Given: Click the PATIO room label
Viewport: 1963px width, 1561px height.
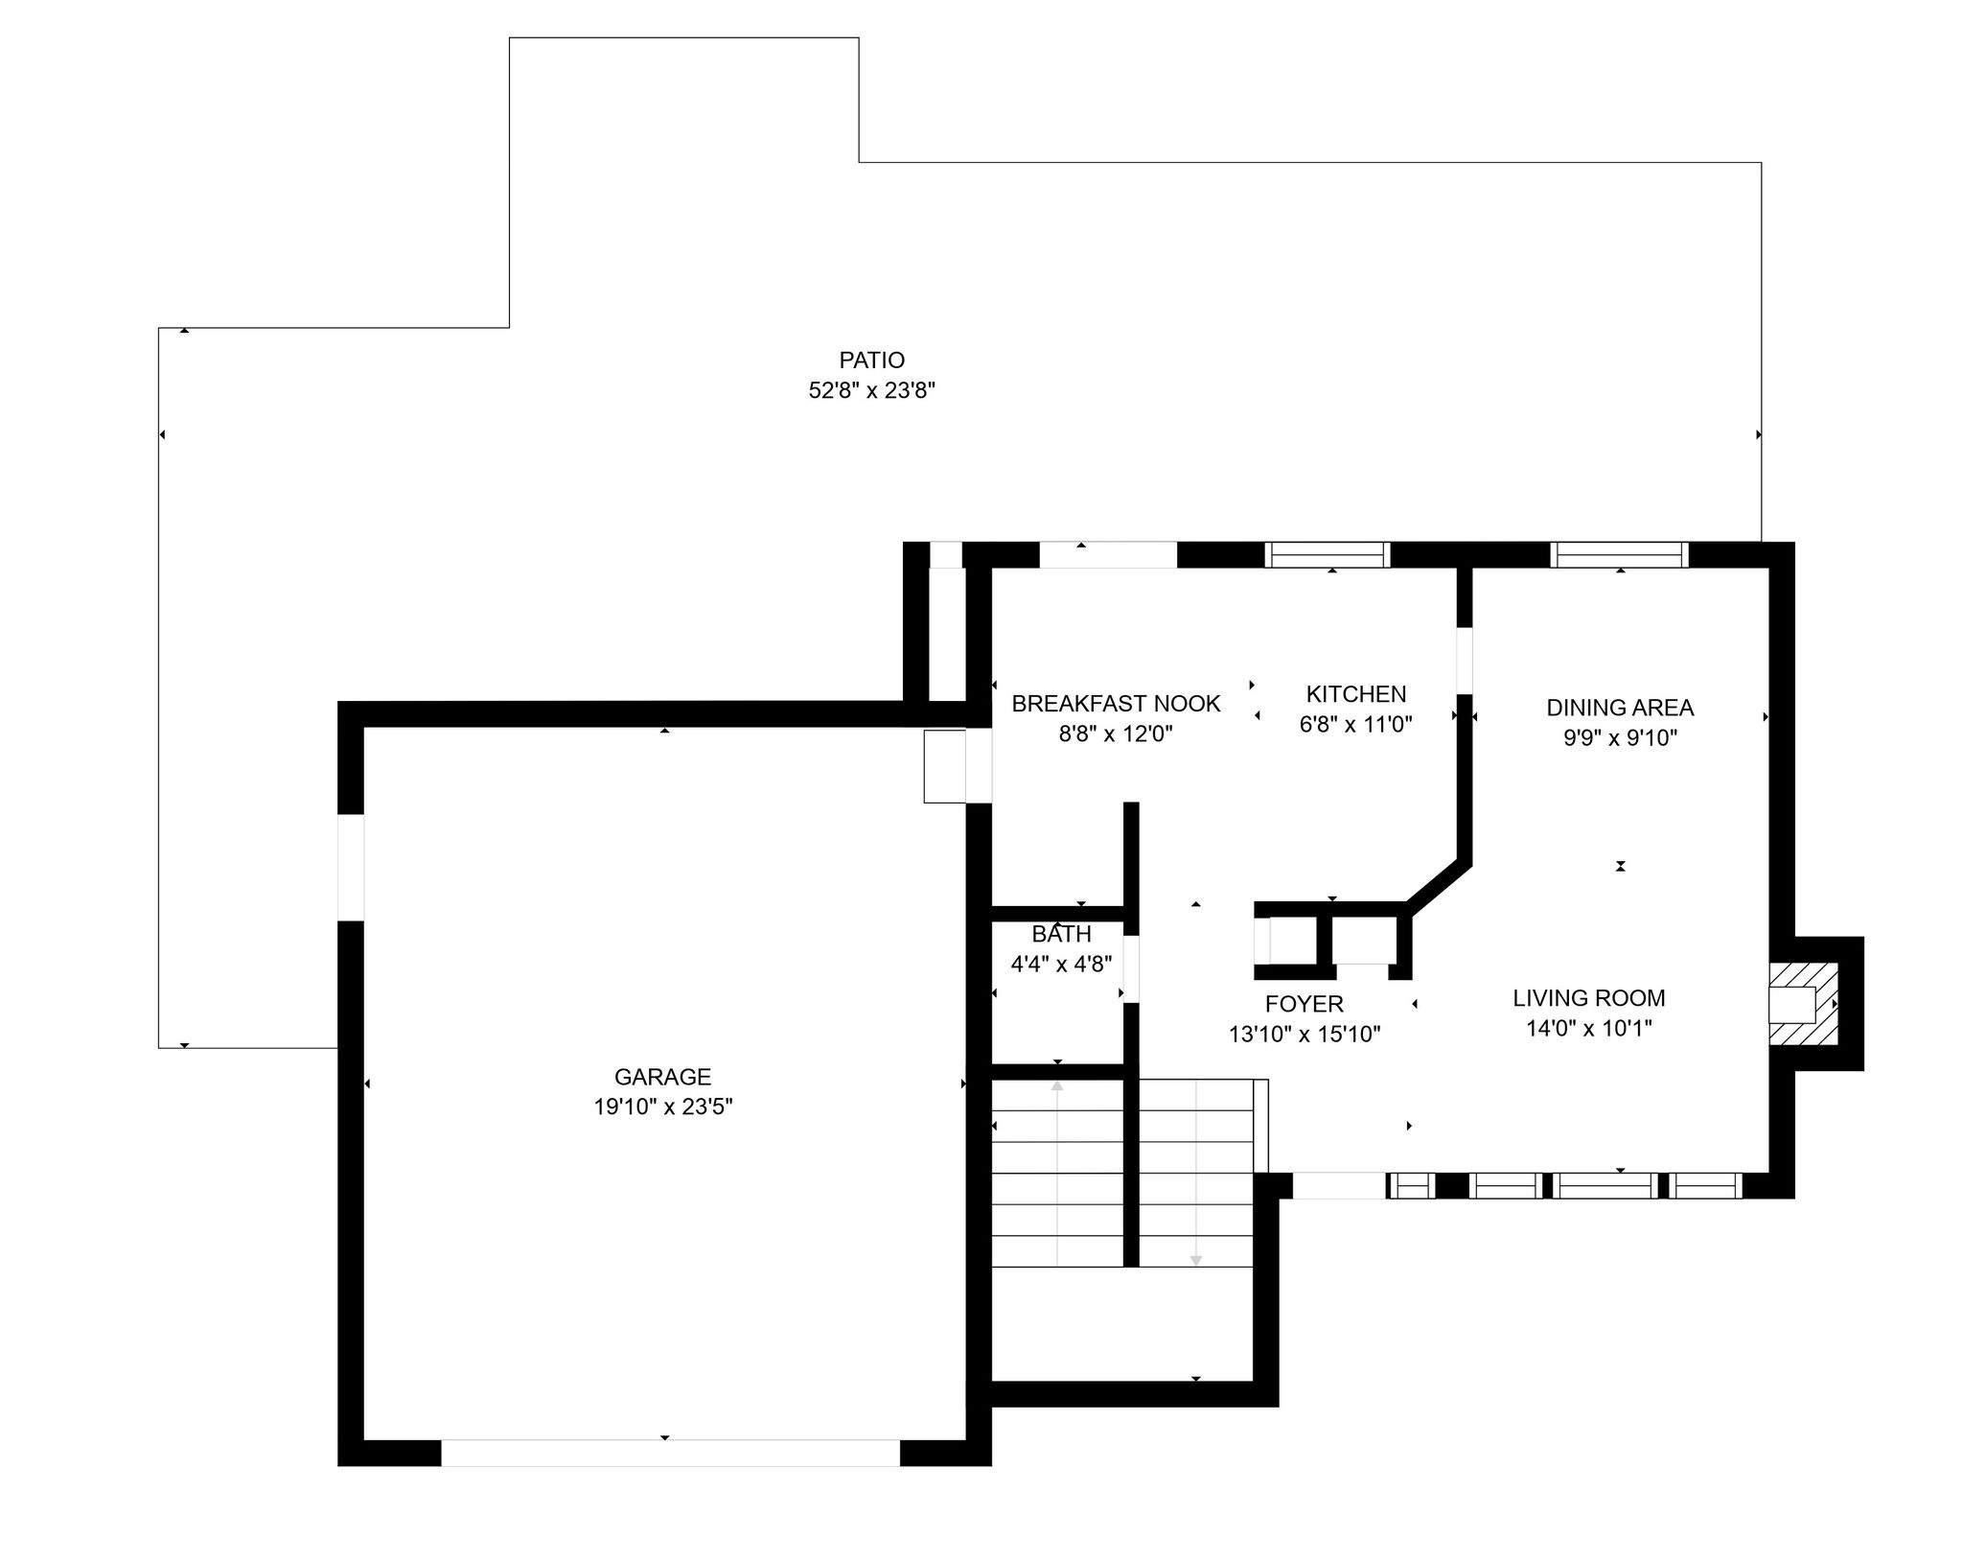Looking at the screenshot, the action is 871,361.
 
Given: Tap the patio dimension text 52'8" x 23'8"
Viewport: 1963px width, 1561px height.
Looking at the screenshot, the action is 871,391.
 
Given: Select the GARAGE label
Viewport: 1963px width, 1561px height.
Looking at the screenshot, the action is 662,1077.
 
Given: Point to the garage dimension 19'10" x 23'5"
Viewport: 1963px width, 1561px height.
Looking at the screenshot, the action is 662,1107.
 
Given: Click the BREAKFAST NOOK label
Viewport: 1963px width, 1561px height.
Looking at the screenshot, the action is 1116,704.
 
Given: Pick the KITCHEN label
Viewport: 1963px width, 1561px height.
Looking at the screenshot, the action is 1356,694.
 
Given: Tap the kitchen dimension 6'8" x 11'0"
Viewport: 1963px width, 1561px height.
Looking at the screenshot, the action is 1356,725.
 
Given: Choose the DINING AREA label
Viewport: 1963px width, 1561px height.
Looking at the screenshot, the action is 1620,708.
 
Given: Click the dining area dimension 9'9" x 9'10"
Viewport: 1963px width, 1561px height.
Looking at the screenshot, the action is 1620,738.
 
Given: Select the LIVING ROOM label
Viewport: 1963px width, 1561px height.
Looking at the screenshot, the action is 1589,998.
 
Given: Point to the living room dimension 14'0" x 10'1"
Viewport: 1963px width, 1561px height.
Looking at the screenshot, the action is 1589,1029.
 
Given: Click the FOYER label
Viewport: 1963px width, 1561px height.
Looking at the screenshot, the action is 1305,1004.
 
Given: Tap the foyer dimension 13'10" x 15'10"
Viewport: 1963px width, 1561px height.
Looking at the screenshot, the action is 1305,1035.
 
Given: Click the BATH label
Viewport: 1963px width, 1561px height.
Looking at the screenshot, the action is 1062,934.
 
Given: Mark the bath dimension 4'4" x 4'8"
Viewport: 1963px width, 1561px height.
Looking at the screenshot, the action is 1062,965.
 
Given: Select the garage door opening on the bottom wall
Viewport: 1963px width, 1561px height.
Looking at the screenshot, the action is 670,1453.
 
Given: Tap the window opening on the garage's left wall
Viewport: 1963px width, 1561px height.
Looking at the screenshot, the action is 351,867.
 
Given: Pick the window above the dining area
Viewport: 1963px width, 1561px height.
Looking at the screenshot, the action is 1620,555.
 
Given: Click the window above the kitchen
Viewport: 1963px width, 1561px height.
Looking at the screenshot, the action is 1328,555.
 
